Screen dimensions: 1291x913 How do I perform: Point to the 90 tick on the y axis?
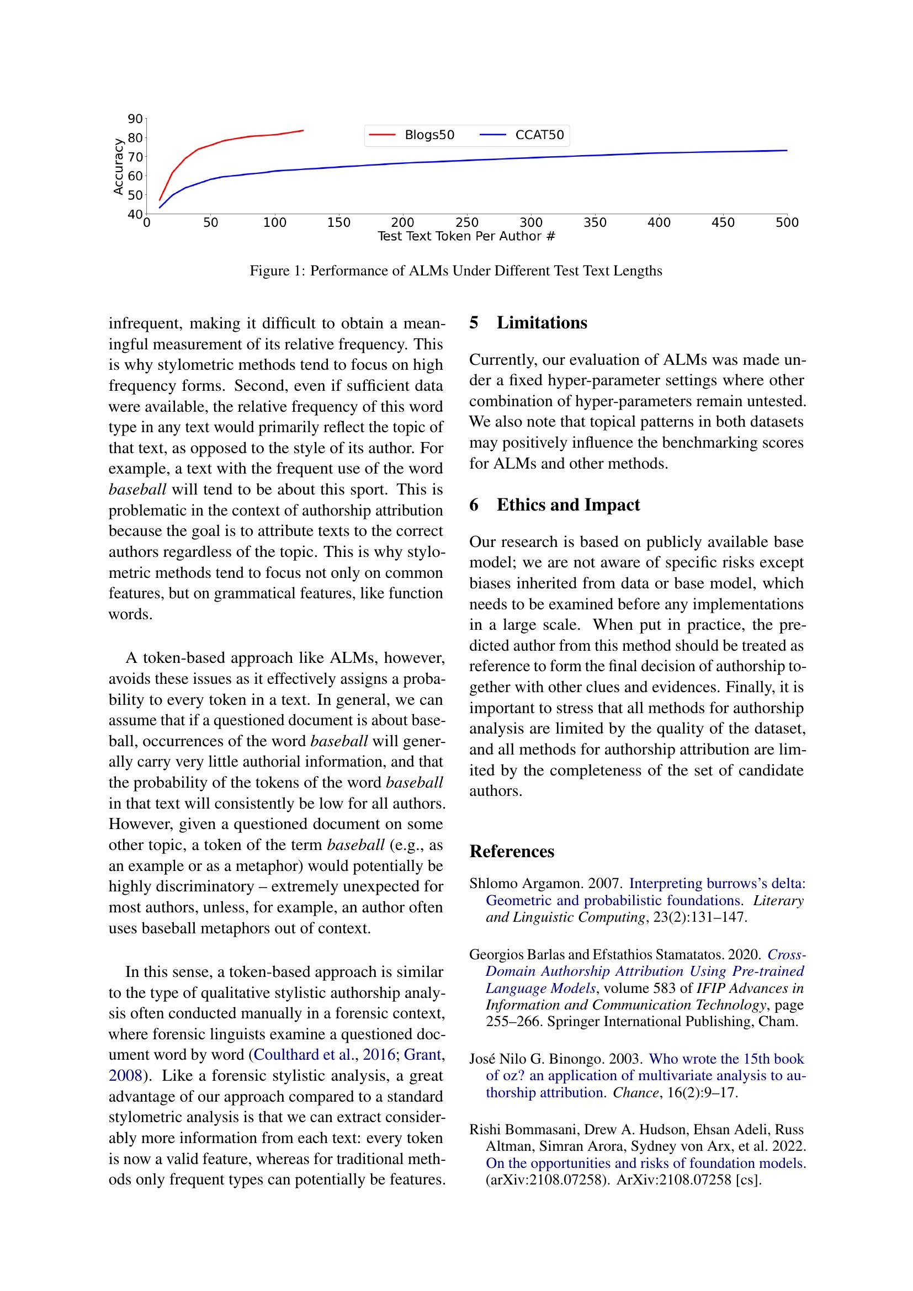(135, 119)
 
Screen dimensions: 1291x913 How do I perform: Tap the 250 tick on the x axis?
(466, 222)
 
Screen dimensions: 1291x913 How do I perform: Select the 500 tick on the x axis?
(787, 222)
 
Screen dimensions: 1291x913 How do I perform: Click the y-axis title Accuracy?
(118, 167)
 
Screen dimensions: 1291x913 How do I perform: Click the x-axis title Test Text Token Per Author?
(466, 236)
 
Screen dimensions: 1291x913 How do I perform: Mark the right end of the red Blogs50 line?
(303, 130)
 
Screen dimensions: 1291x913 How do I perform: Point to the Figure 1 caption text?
(456, 271)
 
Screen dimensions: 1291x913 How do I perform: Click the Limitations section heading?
(542, 323)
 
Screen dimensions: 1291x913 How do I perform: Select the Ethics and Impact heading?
(568, 505)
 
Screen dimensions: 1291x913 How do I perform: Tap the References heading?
(512, 851)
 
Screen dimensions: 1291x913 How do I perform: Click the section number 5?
(474, 323)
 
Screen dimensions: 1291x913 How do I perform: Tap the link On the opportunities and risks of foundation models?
(646, 1163)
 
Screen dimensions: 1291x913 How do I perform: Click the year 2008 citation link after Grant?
(125, 1076)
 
